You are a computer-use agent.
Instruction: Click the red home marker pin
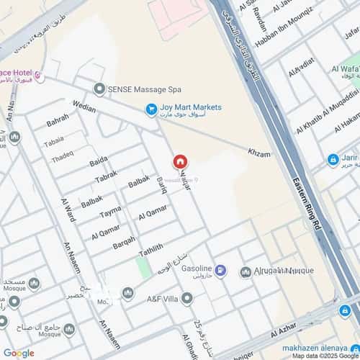pyautogui.click(x=180, y=162)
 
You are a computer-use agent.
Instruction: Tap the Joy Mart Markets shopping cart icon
pyautogui.click(x=151, y=109)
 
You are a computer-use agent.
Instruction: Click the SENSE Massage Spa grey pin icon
pyautogui.click(x=99, y=89)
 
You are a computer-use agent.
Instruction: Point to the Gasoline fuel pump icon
pyautogui.click(x=220, y=271)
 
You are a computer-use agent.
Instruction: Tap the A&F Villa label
pyautogui.click(x=163, y=297)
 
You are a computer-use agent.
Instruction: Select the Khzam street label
pyautogui.click(x=258, y=154)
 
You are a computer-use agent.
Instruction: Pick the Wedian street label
pyautogui.click(x=84, y=108)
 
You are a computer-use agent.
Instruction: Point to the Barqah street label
pyautogui.click(x=124, y=240)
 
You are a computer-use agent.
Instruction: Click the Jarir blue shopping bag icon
pyautogui.click(x=333, y=160)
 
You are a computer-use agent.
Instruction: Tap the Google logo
pyautogui.click(x=18, y=353)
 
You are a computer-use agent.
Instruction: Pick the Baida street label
pyautogui.click(x=99, y=161)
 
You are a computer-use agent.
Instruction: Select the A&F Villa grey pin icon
pyautogui.click(x=187, y=297)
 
